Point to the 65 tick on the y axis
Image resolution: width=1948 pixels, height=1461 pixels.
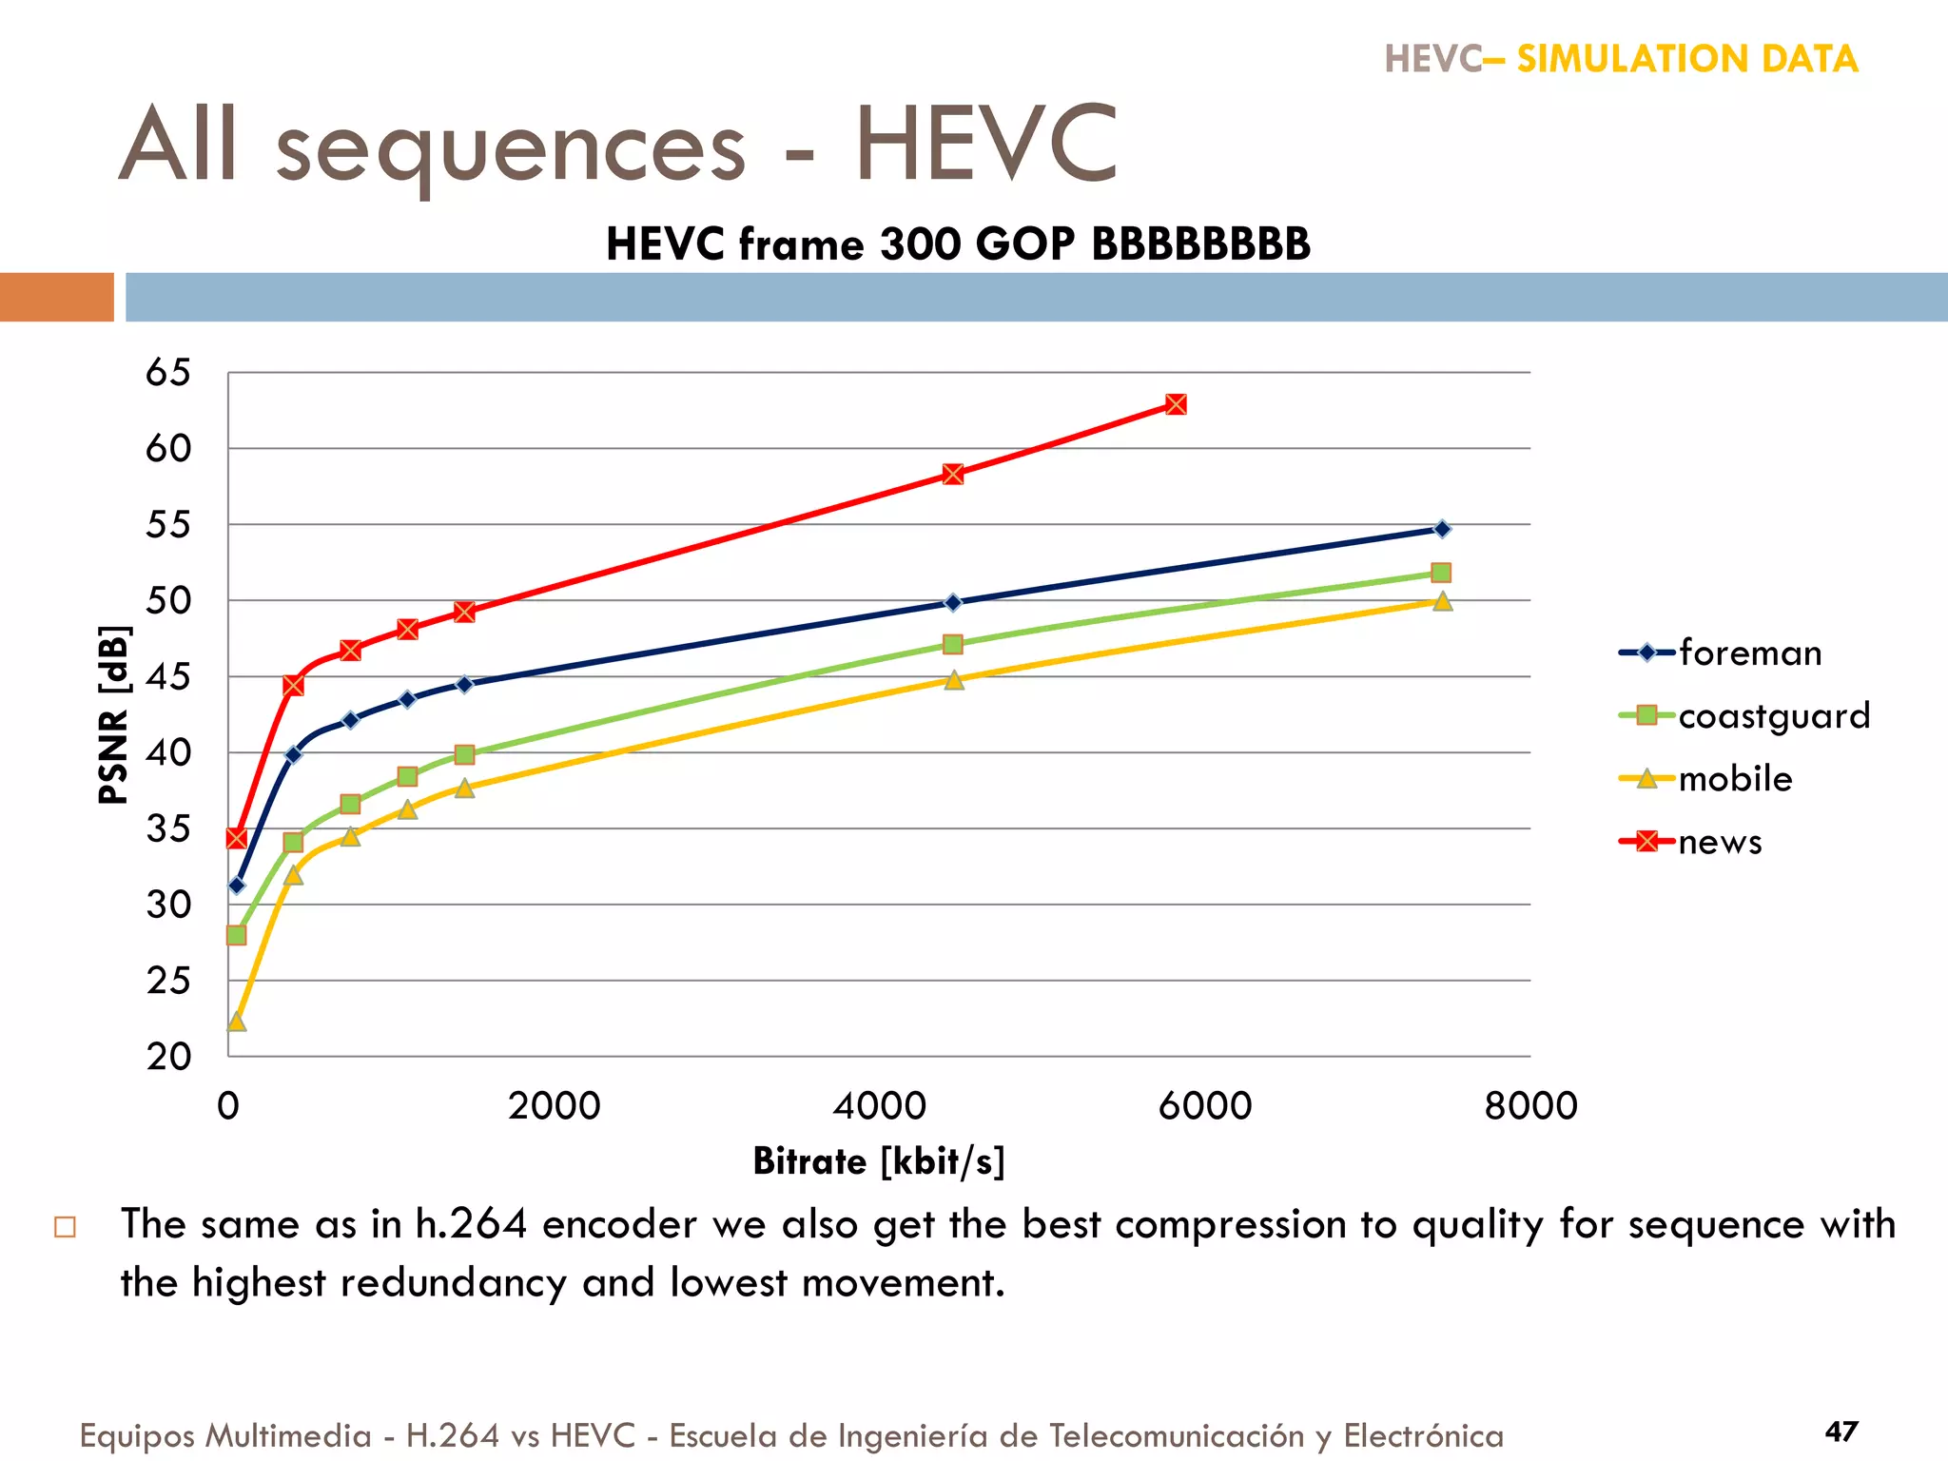(167, 373)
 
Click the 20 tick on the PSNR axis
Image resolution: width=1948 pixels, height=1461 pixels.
(167, 1056)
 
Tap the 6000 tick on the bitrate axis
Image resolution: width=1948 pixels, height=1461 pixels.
(1205, 1106)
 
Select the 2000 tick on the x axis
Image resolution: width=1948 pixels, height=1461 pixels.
(554, 1106)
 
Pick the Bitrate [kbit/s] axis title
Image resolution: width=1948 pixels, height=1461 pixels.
(878, 1161)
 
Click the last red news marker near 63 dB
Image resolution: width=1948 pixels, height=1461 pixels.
(1176, 404)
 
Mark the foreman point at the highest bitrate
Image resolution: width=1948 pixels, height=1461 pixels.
(1442, 529)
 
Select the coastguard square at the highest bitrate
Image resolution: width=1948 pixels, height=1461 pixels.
(1441, 573)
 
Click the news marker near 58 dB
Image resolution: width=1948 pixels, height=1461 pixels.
(953, 474)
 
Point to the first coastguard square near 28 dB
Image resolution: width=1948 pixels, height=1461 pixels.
(237, 935)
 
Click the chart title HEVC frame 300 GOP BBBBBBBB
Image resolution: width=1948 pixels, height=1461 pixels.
(958, 244)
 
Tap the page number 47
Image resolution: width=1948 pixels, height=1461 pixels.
(1841, 1432)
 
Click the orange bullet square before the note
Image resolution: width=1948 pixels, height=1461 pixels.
(66, 1227)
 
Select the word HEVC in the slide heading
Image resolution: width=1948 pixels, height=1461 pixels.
(985, 145)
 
